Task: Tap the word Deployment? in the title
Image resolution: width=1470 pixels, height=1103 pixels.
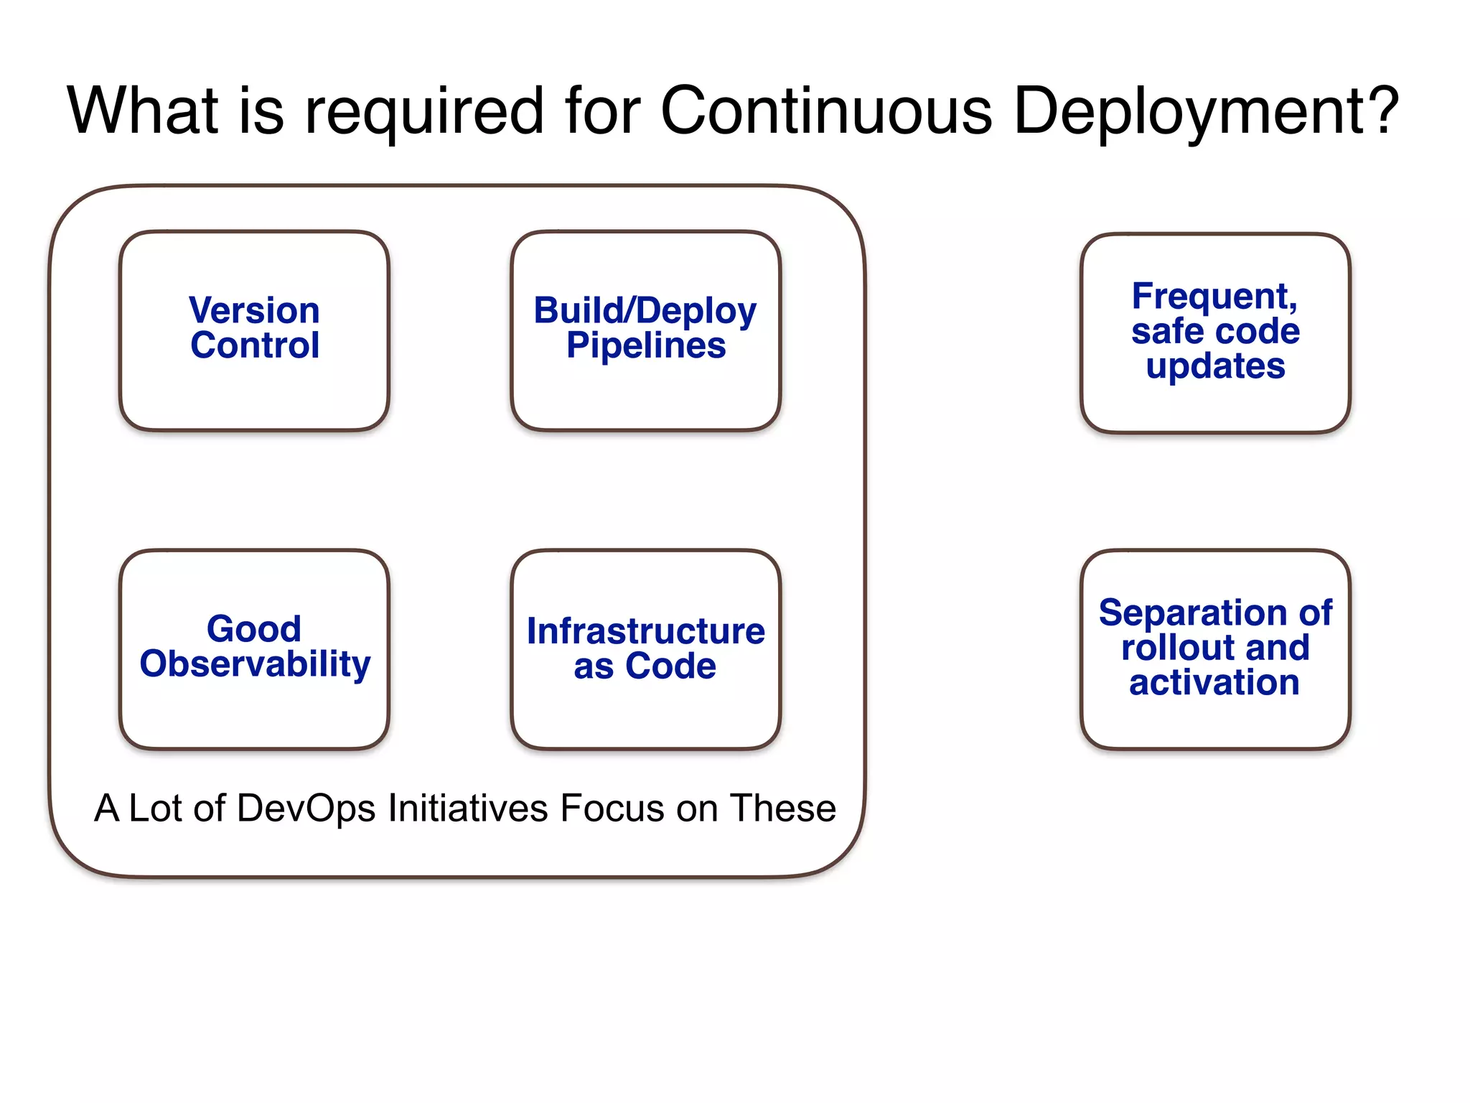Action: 1206,111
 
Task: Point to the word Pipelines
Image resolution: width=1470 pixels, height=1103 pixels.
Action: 645,346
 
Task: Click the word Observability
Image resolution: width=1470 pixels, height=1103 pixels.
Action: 255,664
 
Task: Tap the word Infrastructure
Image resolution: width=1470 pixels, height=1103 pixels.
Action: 645,631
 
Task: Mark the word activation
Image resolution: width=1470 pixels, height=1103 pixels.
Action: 1214,682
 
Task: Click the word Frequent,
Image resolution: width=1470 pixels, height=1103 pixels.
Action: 1214,297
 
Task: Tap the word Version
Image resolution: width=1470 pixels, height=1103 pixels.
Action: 254,310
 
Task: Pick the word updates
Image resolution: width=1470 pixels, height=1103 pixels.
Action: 1215,366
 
